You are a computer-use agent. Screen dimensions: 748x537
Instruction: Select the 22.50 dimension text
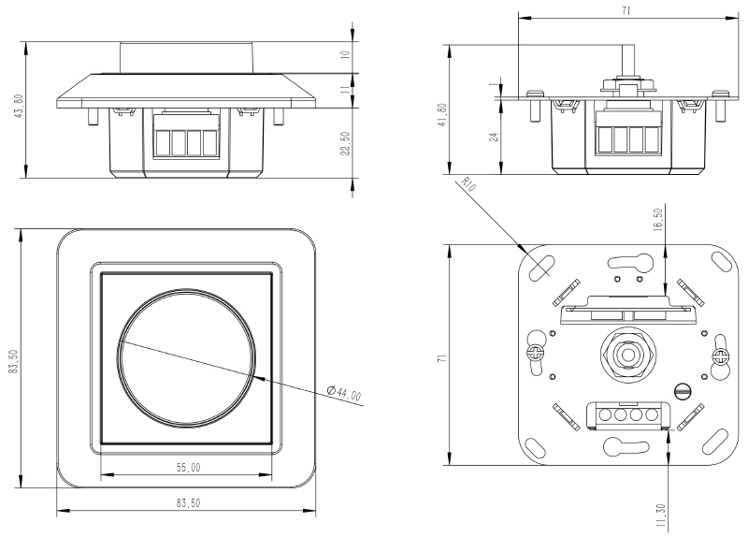(346, 143)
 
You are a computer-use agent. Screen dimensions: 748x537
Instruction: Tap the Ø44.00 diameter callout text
(344, 392)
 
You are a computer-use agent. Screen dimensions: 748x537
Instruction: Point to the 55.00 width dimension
(189, 468)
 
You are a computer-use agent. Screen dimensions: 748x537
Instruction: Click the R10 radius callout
(469, 183)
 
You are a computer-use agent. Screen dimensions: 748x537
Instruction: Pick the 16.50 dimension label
(659, 219)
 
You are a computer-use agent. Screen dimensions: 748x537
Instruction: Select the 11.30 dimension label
(661, 515)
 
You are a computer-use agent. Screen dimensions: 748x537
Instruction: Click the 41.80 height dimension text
(442, 114)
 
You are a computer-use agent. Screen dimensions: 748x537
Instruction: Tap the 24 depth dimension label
(495, 137)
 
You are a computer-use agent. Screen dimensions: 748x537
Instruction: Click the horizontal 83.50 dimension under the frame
(189, 502)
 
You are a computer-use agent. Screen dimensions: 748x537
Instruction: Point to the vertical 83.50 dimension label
(13, 361)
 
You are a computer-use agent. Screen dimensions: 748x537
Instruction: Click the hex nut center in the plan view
(626, 355)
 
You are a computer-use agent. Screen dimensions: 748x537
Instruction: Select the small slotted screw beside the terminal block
(683, 391)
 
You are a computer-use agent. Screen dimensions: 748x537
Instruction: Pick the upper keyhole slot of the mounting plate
(630, 261)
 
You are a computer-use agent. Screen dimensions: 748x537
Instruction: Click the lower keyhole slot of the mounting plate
(626, 447)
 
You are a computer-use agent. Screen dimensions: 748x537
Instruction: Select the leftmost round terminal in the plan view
(605, 414)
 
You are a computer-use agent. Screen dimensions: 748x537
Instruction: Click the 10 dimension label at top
(346, 54)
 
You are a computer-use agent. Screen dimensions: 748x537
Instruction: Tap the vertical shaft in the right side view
(627, 60)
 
